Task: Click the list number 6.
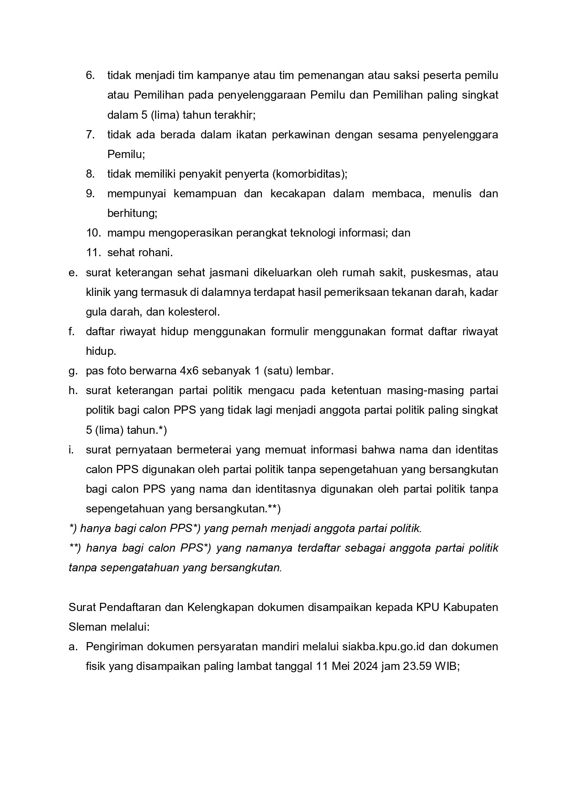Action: tap(90, 75)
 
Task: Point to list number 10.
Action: tap(93, 233)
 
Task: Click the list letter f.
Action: tap(71, 332)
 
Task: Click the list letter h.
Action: tap(72, 390)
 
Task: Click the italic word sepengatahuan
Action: tap(139, 568)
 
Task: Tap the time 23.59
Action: tap(417, 666)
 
